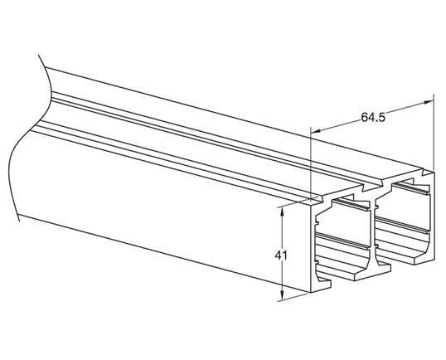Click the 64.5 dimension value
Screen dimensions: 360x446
pos(373,117)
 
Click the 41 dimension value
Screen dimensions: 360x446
pos(280,255)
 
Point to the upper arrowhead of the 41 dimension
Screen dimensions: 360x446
pos(284,212)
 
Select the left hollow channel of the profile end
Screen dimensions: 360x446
pos(343,241)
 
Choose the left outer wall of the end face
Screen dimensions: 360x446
pos(313,249)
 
